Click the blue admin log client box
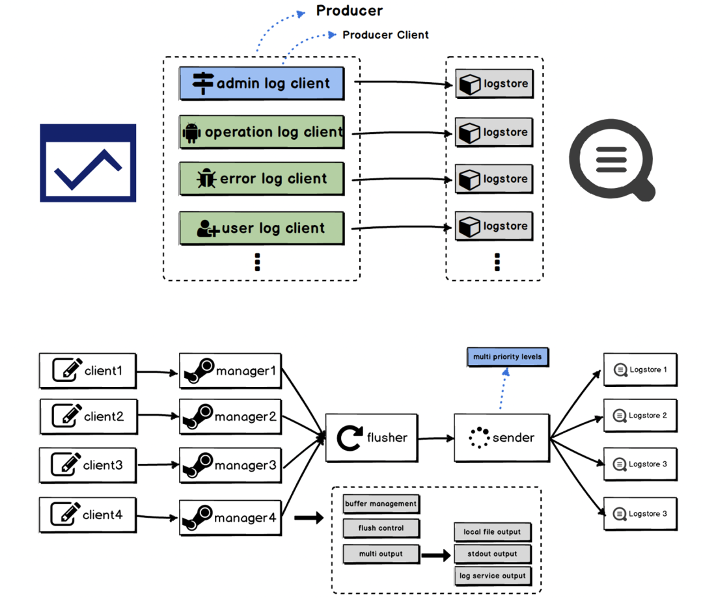click(x=261, y=83)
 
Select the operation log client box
click(x=261, y=132)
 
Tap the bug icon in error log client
click(x=206, y=179)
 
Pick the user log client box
click(x=261, y=228)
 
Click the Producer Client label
click(x=385, y=35)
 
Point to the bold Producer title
click(x=350, y=11)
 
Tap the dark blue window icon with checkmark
click(x=88, y=163)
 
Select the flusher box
click(x=372, y=438)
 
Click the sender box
click(x=502, y=438)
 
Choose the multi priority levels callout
click(x=508, y=357)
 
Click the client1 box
click(x=88, y=371)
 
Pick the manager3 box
click(x=230, y=466)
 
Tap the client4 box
click(x=88, y=515)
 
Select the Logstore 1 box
click(x=640, y=370)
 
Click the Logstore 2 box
click(x=640, y=416)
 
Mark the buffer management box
click(x=381, y=504)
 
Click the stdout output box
click(x=492, y=554)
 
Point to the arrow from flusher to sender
click(x=436, y=438)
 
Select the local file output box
click(x=492, y=532)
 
